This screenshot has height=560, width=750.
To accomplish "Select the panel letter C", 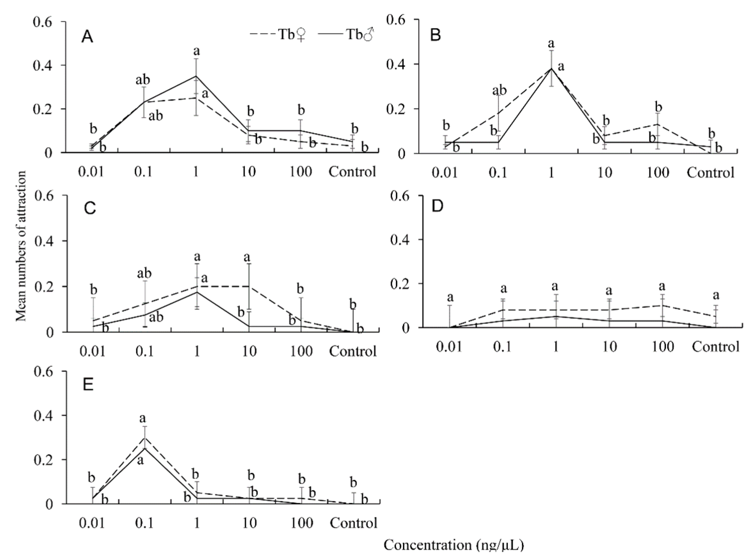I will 90,209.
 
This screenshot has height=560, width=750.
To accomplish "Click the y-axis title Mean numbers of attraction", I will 21,246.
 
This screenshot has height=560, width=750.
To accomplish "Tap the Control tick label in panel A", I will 352,172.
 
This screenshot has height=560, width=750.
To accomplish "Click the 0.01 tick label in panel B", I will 444,173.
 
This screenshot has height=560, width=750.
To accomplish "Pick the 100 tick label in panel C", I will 301,351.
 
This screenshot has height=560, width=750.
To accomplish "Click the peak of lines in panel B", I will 551,68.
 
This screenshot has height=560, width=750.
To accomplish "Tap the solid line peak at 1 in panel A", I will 196,76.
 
